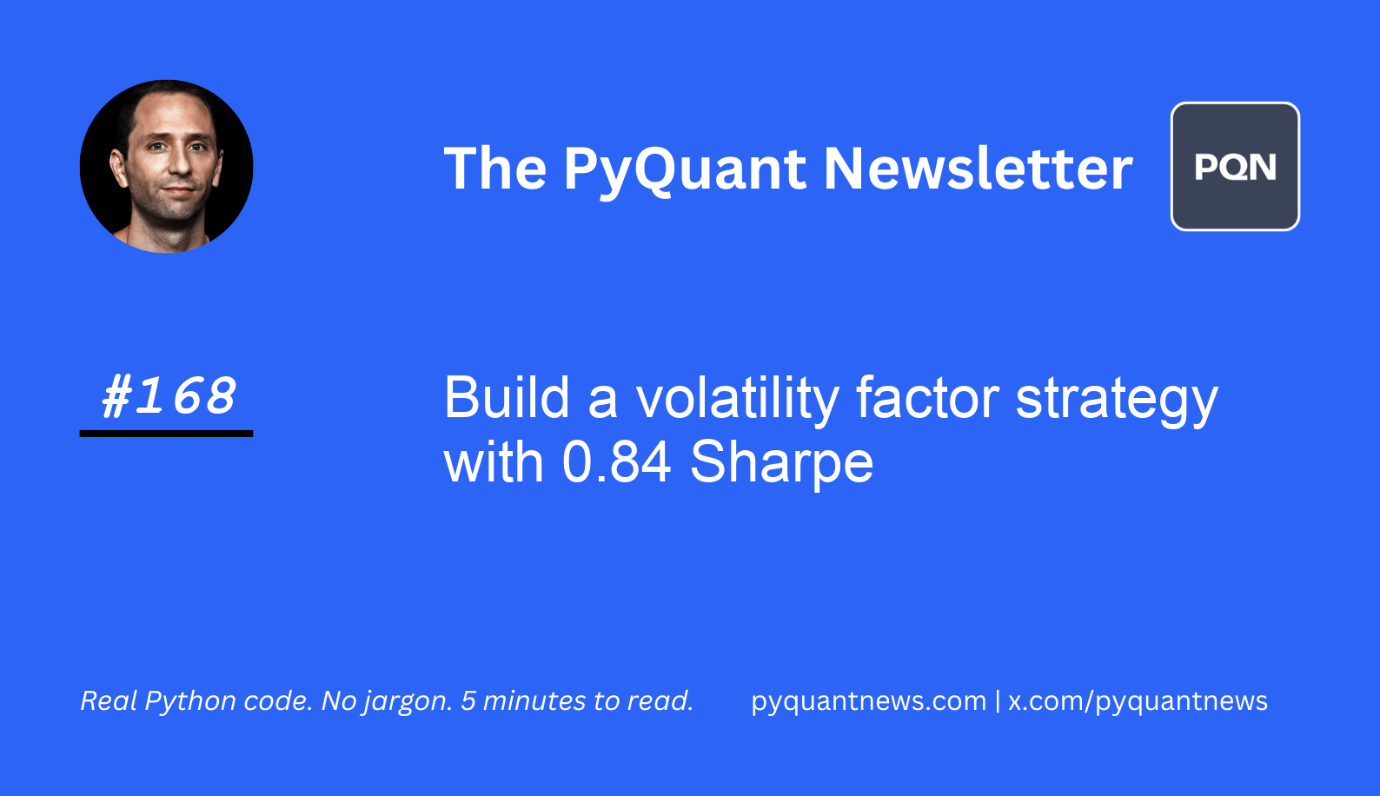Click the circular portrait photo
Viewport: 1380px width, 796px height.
(x=166, y=167)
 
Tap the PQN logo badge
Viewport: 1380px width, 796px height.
(x=1235, y=167)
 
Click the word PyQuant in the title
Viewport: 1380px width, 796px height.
(x=685, y=169)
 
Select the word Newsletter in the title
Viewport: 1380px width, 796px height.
(x=978, y=169)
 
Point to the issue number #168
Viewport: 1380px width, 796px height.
(x=169, y=396)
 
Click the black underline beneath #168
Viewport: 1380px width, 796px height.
(x=166, y=433)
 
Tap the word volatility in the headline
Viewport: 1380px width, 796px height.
(x=737, y=399)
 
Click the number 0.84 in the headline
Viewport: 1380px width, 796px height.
(x=616, y=462)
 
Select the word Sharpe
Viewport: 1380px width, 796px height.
(x=781, y=463)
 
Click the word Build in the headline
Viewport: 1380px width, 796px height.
(x=507, y=399)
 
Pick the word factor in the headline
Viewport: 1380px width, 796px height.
(x=927, y=399)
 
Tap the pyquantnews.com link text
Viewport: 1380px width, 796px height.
(x=868, y=701)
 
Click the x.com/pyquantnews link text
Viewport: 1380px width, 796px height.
(x=1138, y=701)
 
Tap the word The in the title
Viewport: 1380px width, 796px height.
(x=494, y=169)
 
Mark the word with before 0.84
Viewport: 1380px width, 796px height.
(x=494, y=462)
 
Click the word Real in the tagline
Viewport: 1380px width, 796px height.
(x=109, y=701)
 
